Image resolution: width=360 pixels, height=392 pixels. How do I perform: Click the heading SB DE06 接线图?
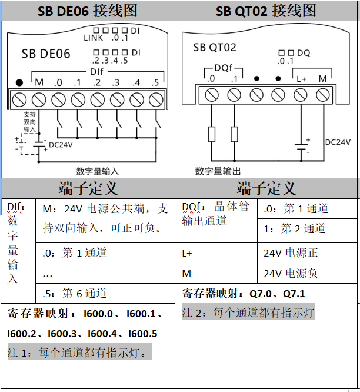[87, 11]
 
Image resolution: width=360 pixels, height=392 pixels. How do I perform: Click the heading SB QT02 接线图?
[266, 11]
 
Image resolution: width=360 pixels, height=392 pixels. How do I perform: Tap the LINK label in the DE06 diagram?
[94, 38]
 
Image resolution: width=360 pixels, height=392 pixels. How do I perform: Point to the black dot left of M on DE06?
[19, 82]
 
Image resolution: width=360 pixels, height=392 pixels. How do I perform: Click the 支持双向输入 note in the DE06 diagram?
[29, 121]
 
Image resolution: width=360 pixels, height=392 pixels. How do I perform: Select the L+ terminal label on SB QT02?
[301, 79]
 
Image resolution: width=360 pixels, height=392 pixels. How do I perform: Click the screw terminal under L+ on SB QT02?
[301, 94]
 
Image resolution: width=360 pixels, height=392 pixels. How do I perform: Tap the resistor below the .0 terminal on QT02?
[212, 134]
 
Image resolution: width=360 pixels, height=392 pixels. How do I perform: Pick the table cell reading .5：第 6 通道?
[75, 293]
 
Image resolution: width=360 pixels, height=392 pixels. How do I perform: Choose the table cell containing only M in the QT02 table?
[187, 273]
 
